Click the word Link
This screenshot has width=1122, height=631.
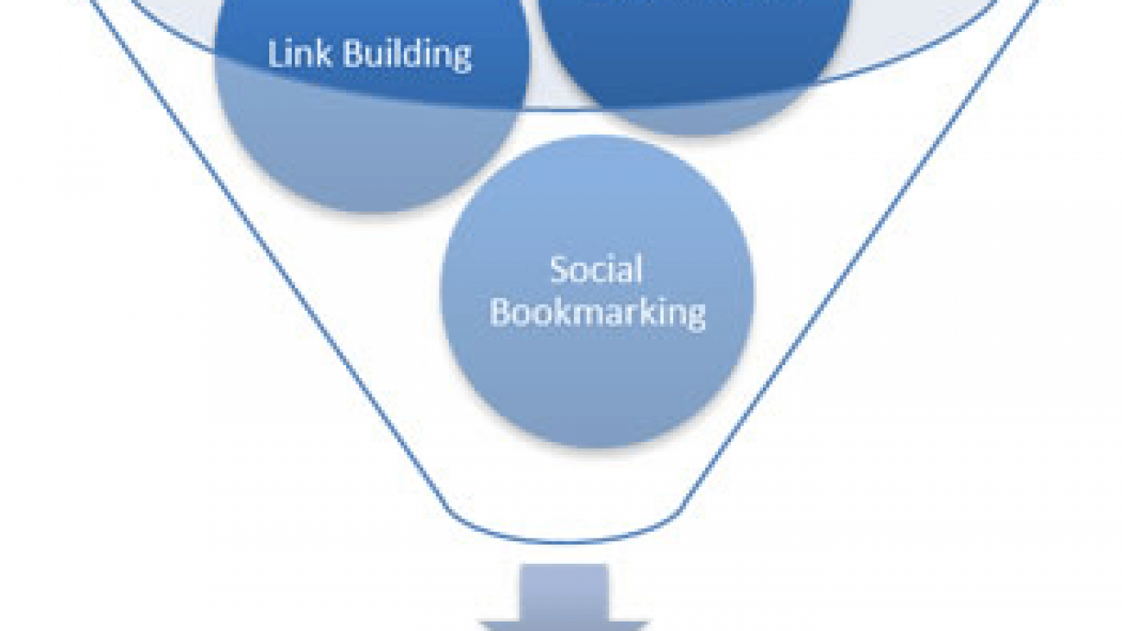tap(299, 54)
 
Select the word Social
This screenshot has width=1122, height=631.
tap(596, 270)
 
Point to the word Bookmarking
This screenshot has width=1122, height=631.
tap(597, 312)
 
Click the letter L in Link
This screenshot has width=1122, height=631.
tap(275, 54)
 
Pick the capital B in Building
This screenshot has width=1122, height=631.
tap(352, 54)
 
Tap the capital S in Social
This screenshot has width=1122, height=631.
tap(560, 270)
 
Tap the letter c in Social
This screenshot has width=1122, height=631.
tap(602, 272)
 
